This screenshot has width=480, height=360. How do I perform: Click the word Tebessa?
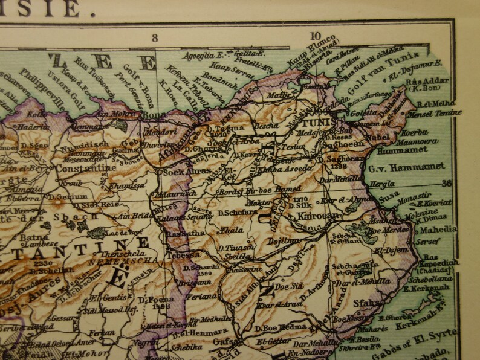[x=184, y=254]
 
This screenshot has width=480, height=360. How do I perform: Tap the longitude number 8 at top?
[x=155, y=37]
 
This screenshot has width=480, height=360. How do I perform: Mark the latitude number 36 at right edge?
[x=447, y=184]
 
